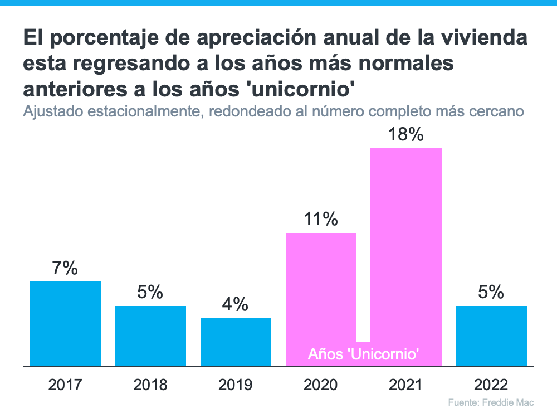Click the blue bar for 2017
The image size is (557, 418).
coord(65,324)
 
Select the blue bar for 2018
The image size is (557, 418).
coord(150,336)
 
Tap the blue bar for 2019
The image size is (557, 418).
coord(236,342)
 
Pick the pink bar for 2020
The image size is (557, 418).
coord(321,290)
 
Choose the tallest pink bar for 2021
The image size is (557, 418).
coord(406,245)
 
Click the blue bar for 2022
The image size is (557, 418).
coord(491,336)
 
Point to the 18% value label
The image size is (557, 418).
coord(406,135)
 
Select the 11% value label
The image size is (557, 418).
coord(321,220)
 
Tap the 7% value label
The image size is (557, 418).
coord(65,269)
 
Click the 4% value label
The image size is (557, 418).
coord(236,305)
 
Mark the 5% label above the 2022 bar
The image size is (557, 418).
coord(491,293)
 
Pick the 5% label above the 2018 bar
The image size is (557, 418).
coord(150,293)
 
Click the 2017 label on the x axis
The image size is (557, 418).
coord(65,385)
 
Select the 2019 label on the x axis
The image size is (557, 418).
coord(236,385)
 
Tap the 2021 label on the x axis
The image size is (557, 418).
coord(406,385)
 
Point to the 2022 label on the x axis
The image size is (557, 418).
coord(491,385)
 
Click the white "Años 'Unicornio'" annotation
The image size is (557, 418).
coord(364,354)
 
